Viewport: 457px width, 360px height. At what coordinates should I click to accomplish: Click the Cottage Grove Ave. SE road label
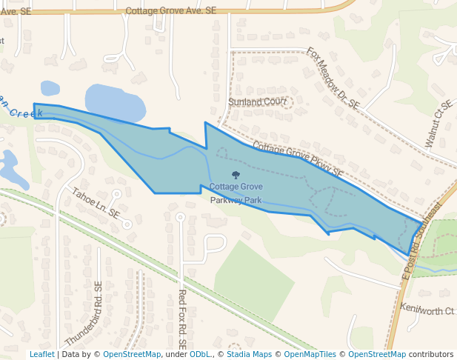coord(171,11)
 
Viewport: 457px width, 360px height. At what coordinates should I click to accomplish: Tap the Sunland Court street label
coord(257,101)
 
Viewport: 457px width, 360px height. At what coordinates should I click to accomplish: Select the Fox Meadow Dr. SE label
coord(333,79)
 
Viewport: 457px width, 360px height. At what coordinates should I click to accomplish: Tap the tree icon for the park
coord(236,176)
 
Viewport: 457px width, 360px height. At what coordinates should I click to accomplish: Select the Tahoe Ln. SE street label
coord(96,202)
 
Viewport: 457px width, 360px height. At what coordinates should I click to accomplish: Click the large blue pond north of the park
coord(115,102)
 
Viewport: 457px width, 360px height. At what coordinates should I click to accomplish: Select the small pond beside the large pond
coord(50,88)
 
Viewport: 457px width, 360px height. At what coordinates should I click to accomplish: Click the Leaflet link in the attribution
coord(41,355)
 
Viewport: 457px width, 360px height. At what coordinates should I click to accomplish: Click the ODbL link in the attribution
coord(200,355)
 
